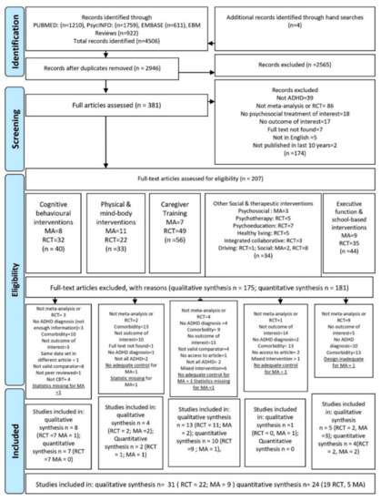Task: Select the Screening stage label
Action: click(12, 118)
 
